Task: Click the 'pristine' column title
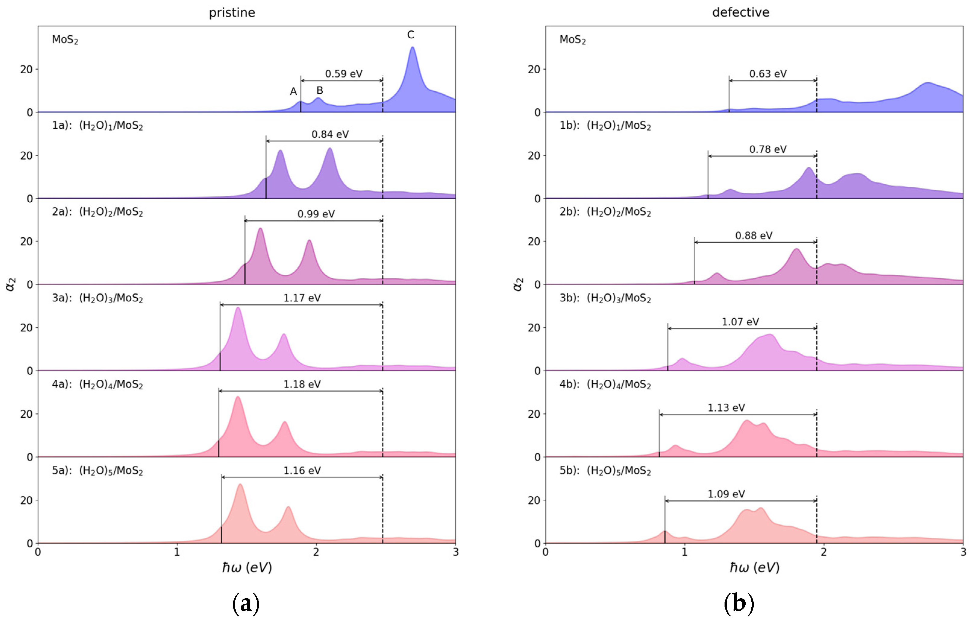pyautogui.click(x=232, y=13)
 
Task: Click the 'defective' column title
pyautogui.click(x=741, y=13)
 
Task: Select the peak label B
pyautogui.click(x=320, y=90)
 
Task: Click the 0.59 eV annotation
pyautogui.click(x=344, y=74)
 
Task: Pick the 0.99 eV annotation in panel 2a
pyautogui.click(x=316, y=214)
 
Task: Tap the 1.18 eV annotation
pyautogui.click(x=302, y=384)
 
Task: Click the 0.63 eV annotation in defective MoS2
pyautogui.click(x=768, y=74)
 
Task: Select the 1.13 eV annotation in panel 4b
pyautogui.click(x=726, y=408)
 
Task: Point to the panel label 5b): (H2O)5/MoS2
pyautogui.click(x=605, y=471)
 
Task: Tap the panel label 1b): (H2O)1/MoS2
pyautogui.click(x=605, y=126)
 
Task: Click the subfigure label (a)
pyautogui.click(x=246, y=604)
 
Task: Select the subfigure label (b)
pyautogui.click(x=739, y=604)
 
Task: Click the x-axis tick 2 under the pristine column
pyautogui.click(x=316, y=552)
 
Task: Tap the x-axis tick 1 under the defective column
pyautogui.click(x=684, y=552)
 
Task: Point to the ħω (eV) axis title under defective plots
pyautogui.click(x=754, y=568)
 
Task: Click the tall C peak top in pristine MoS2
pyautogui.click(x=412, y=48)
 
